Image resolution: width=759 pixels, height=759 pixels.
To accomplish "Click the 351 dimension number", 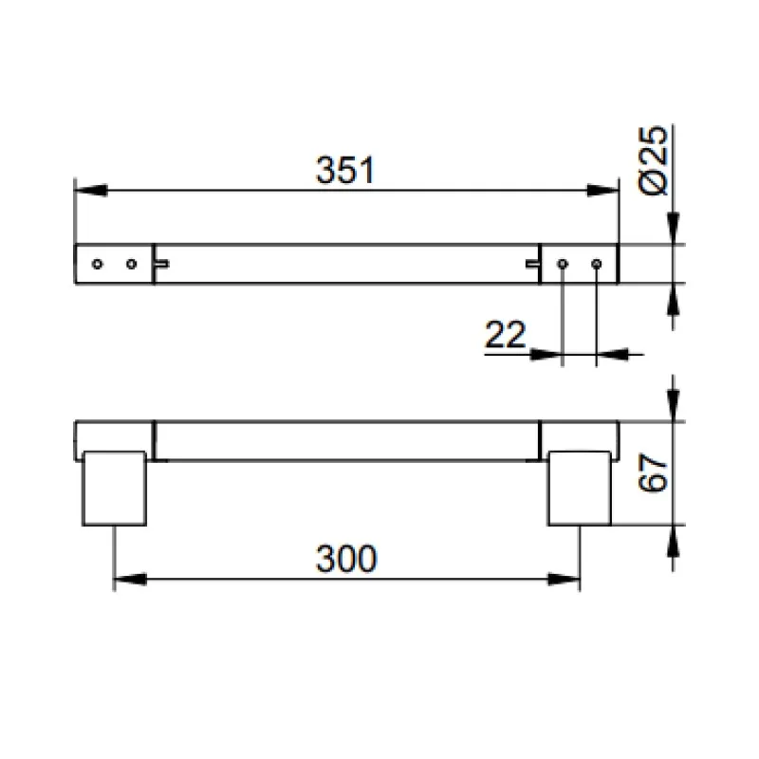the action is point(345,171).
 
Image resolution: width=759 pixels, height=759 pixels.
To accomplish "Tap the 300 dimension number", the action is point(346,559).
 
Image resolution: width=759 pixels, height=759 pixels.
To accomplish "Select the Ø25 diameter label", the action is point(653,160).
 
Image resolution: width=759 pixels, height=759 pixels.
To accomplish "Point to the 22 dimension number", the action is point(506,335).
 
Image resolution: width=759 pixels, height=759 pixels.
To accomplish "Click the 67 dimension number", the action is point(653,472).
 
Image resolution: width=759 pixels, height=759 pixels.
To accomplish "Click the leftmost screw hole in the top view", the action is point(98,264).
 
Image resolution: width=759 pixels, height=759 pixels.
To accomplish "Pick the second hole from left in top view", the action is point(131,264).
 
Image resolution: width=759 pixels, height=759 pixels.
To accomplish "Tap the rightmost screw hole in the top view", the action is point(597,264).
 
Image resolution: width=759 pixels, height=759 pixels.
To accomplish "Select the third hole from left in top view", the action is point(563,264).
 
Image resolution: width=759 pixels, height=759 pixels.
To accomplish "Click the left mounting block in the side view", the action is point(115,489).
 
